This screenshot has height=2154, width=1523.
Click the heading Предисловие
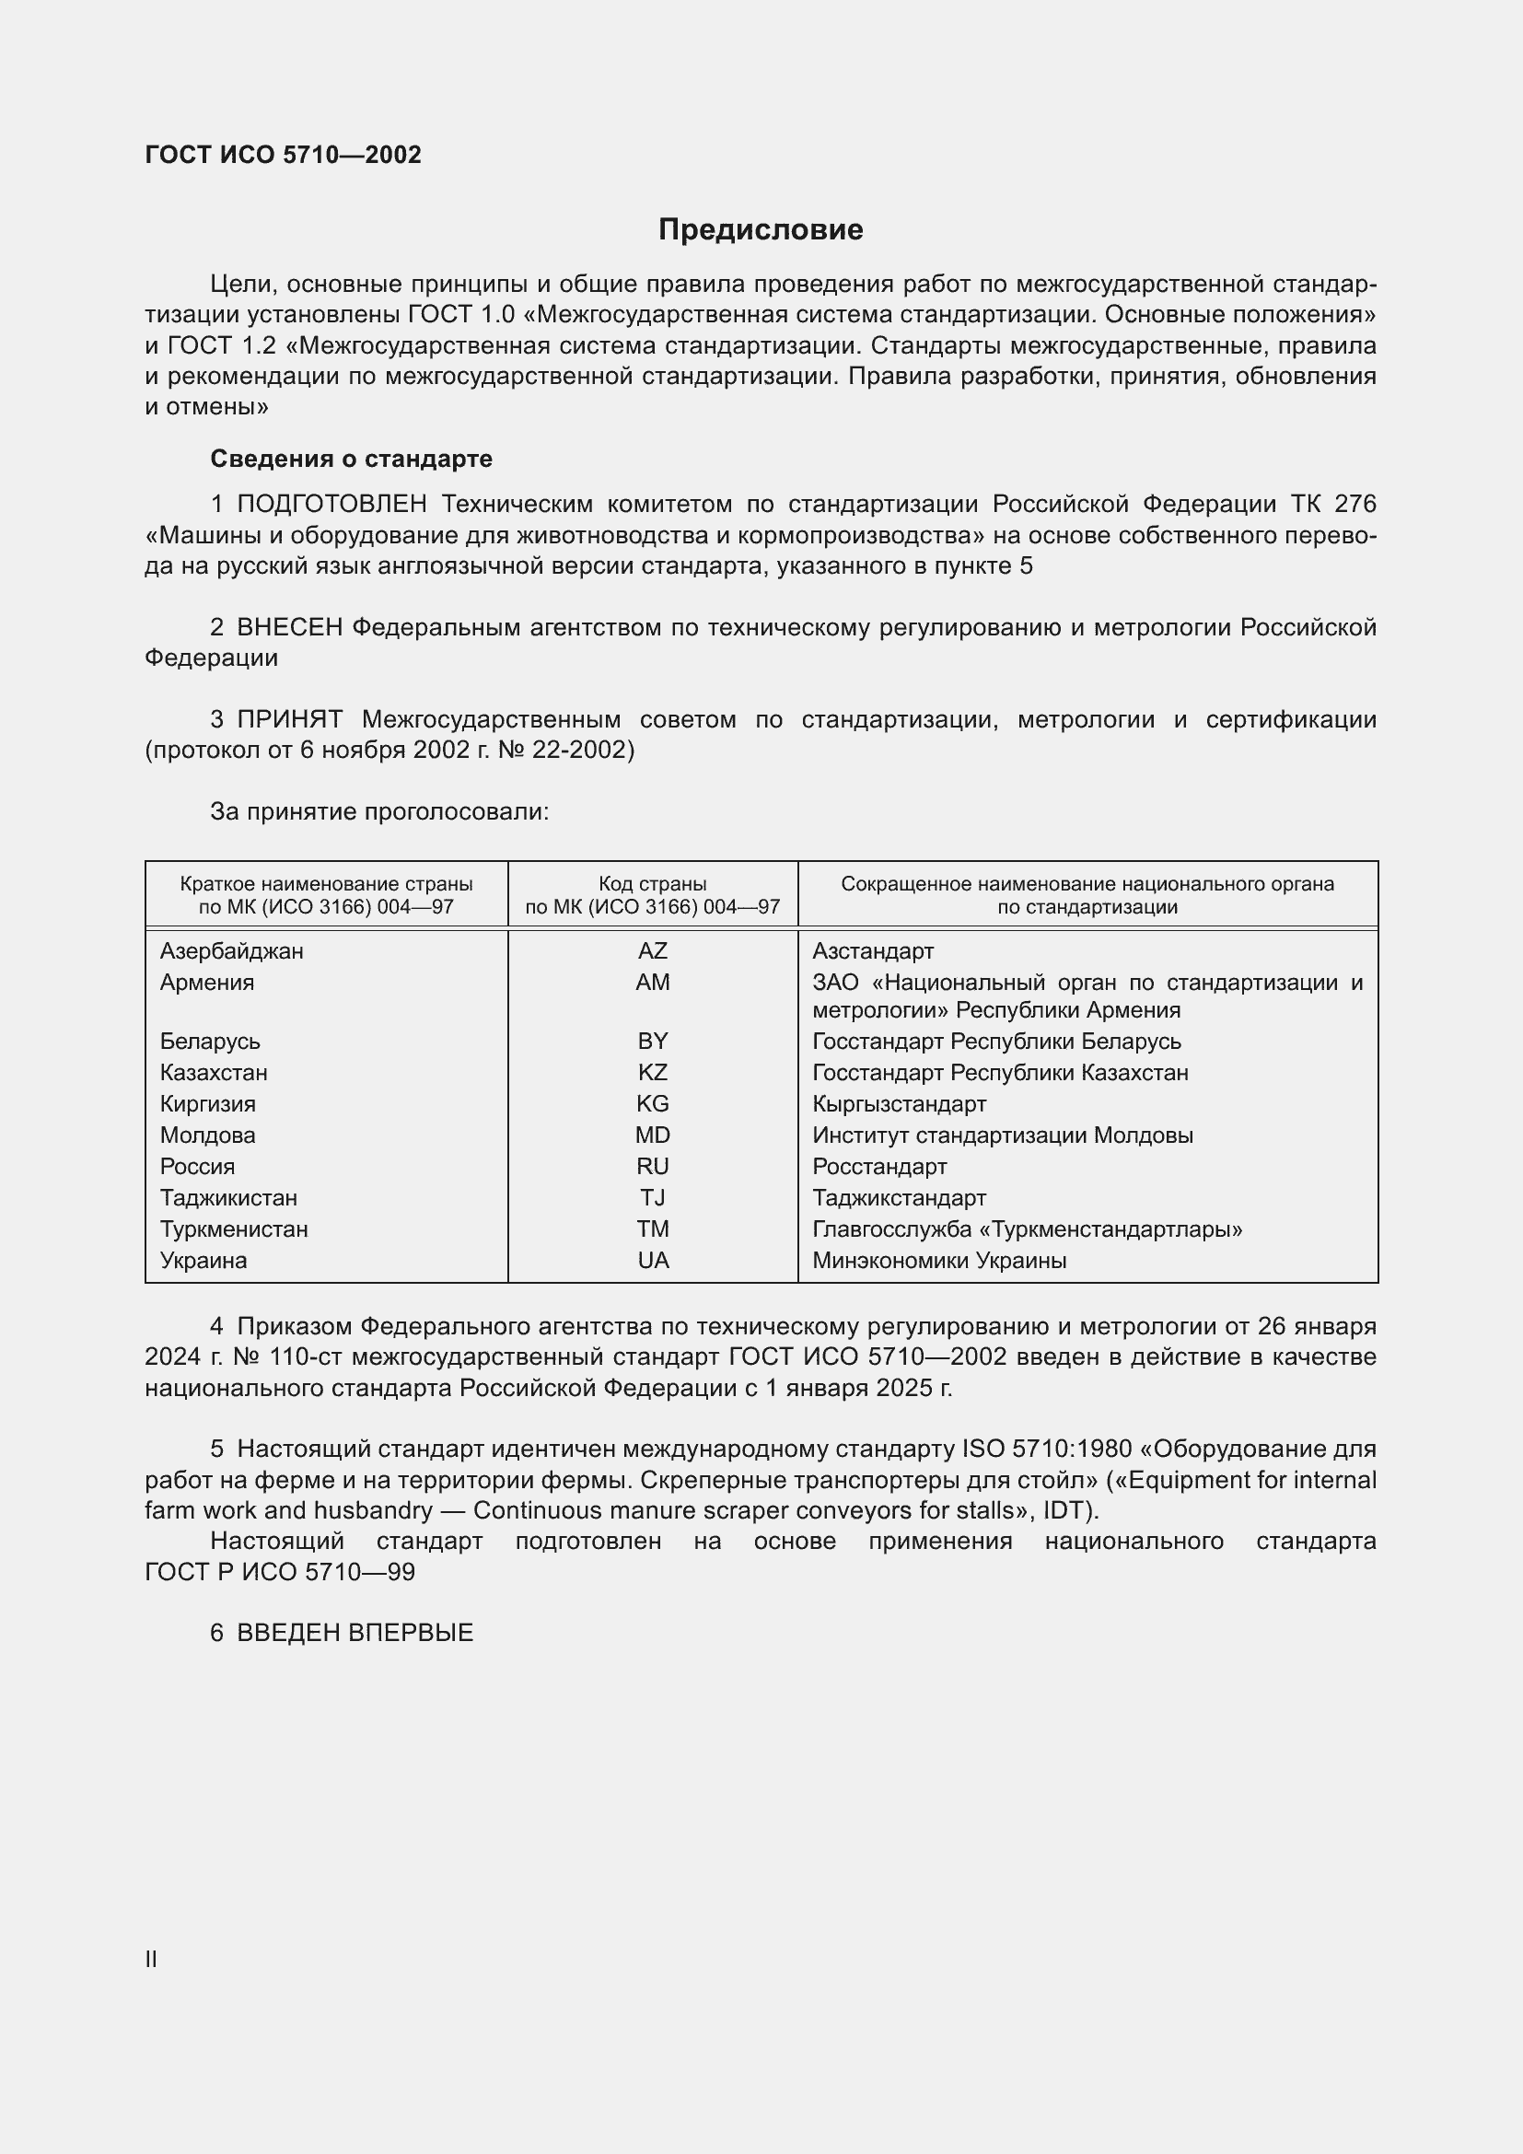tap(760, 230)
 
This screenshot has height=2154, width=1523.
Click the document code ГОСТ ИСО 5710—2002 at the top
tap(284, 155)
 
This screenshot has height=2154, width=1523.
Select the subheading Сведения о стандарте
tap(351, 459)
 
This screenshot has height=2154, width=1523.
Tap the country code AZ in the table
tap(652, 950)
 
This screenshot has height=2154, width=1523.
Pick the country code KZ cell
tap(652, 1072)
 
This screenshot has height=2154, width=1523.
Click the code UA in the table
tap(653, 1260)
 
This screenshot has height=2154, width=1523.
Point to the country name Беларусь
tap(210, 1042)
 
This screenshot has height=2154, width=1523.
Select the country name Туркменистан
tap(234, 1229)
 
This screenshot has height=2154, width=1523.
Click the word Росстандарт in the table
tap(878, 1166)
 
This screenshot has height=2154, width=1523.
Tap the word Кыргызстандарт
tap(899, 1103)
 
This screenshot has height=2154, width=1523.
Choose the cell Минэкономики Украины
tap(938, 1260)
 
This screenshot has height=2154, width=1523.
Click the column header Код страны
tap(652, 884)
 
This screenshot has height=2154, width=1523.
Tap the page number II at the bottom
tap(151, 1959)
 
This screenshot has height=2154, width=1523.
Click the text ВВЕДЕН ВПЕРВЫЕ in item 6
tap(355, 1633)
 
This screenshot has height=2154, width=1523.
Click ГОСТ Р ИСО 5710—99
tap(280, 1571)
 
